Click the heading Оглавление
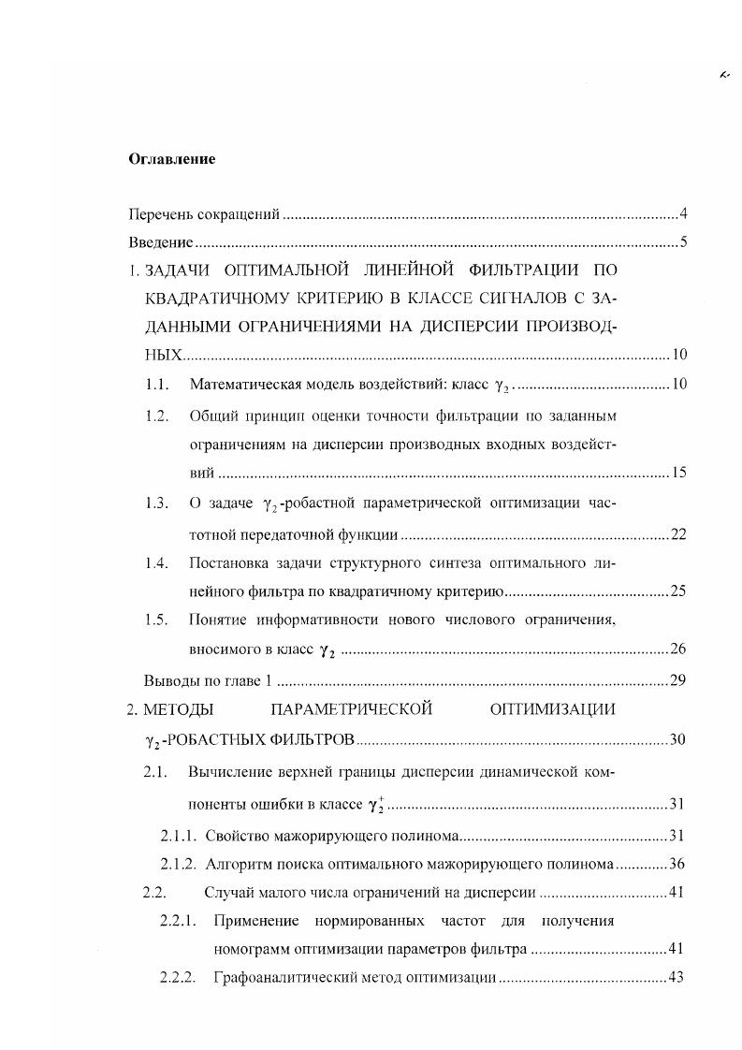click(171, 159)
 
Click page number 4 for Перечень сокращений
click(684, 215)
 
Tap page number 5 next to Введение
click(684, 243)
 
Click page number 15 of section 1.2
click(678, 473)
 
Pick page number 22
click(678, 534)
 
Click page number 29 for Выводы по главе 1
click(678, 679)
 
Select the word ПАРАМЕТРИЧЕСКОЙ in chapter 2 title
click(350, 708)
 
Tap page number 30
click(678, 740)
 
